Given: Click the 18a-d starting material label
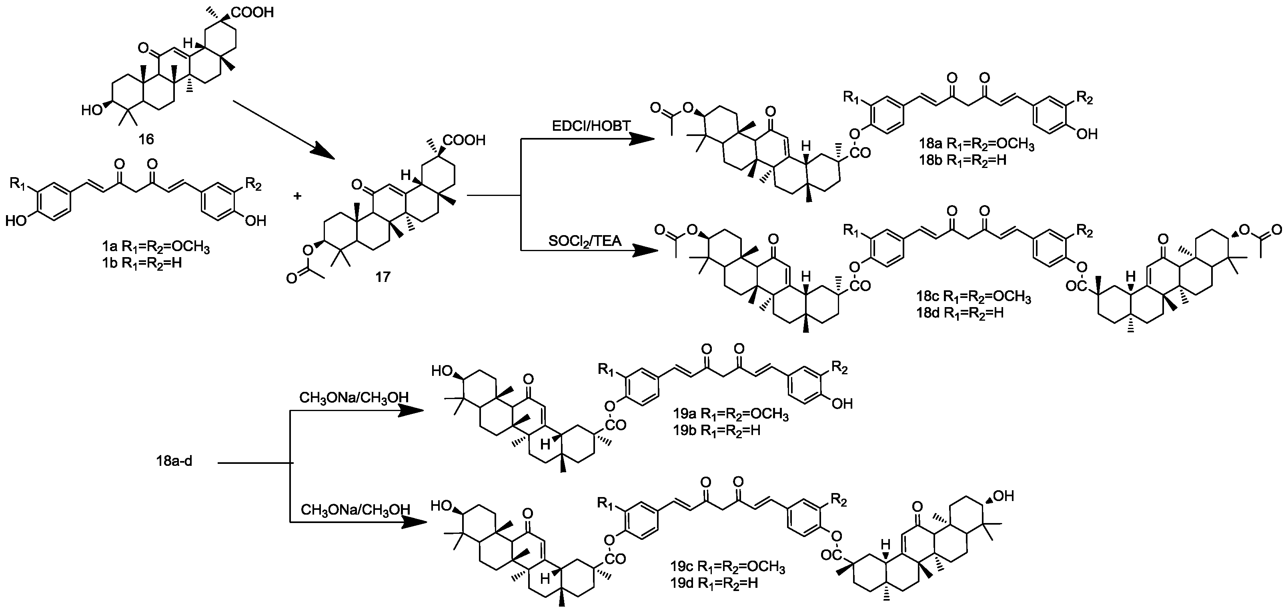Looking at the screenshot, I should click(x=174, y=461).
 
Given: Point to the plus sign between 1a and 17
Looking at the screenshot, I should click(x=298, y=196).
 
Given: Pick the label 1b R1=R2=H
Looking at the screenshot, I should click(x=140, y=262).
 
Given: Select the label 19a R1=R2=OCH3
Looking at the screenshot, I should click(x=730, y=415).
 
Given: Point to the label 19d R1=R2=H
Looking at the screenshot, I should click(x=714, y=583).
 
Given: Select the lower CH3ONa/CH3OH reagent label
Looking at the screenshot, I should click(x=355, y=510).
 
